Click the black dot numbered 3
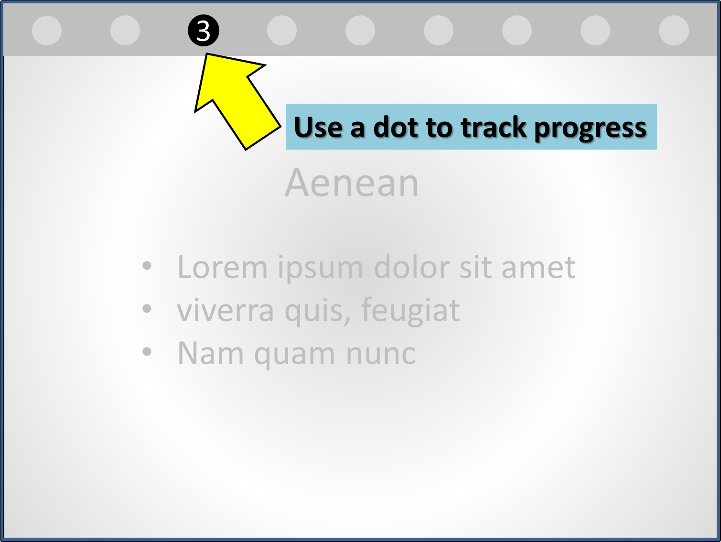[204, 31]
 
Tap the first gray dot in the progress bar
[47, 30]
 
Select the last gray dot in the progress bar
[674, 30]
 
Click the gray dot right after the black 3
[282, 30]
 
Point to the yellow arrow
[237, 102]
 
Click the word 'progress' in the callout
[590, 129]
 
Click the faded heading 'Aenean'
[352, 183]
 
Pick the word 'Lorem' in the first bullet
[222, 267]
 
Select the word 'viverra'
[226, 311]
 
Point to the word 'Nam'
[211, 354]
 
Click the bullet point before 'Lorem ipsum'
[147, 266]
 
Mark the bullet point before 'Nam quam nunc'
[147, 352]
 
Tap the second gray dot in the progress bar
[125, 30]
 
